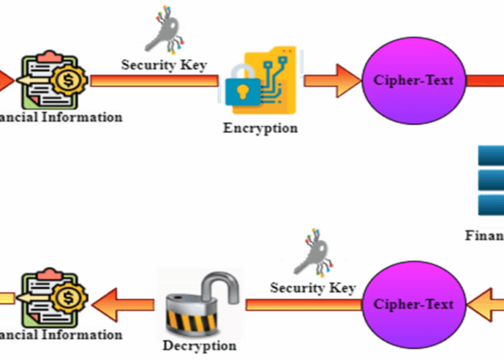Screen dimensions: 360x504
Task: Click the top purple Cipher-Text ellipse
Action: pyautogui.click(x=413, y=80)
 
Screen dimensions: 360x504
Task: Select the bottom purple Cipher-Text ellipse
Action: pyautogui.click(x=413, y=304)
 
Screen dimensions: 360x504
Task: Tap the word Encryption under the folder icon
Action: pyautogui.click(x=260, y=128)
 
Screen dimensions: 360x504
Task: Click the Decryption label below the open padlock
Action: pyautogui.click(x=200, y=346)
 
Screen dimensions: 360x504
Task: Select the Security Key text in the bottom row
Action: pyautogui.click(x=312, y=287)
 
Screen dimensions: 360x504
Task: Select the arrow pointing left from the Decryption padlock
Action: pyautogui.click(x=124, y=304)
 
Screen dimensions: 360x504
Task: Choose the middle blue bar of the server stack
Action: pyautogui.click(x=491, y=179)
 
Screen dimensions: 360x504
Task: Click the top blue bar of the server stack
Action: pyautogui.click(x=491, y=156)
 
